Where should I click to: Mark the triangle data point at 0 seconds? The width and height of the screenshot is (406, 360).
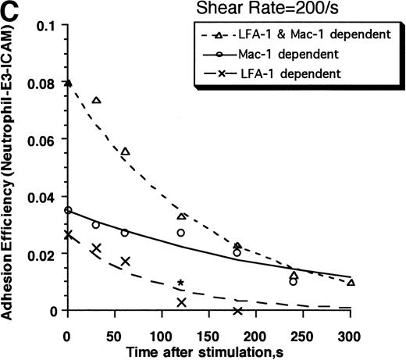point(68,83)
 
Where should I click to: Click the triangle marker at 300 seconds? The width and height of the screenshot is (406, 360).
point(351,282)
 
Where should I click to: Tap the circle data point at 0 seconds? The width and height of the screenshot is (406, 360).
point(68,210)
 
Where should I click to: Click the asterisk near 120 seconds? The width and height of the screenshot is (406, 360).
point(181,283)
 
